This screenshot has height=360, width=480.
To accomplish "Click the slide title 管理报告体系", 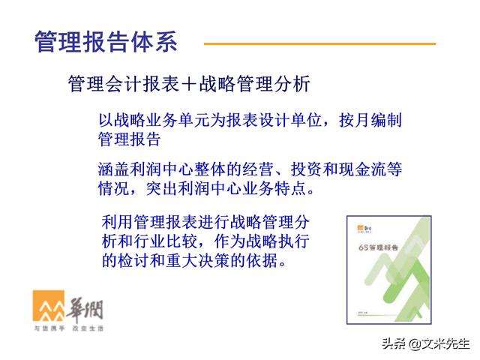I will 106,41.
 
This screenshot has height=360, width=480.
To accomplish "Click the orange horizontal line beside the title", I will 319,43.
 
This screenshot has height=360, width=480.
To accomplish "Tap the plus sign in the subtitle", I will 188,83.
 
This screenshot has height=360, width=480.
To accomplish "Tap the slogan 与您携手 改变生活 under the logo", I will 68,328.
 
